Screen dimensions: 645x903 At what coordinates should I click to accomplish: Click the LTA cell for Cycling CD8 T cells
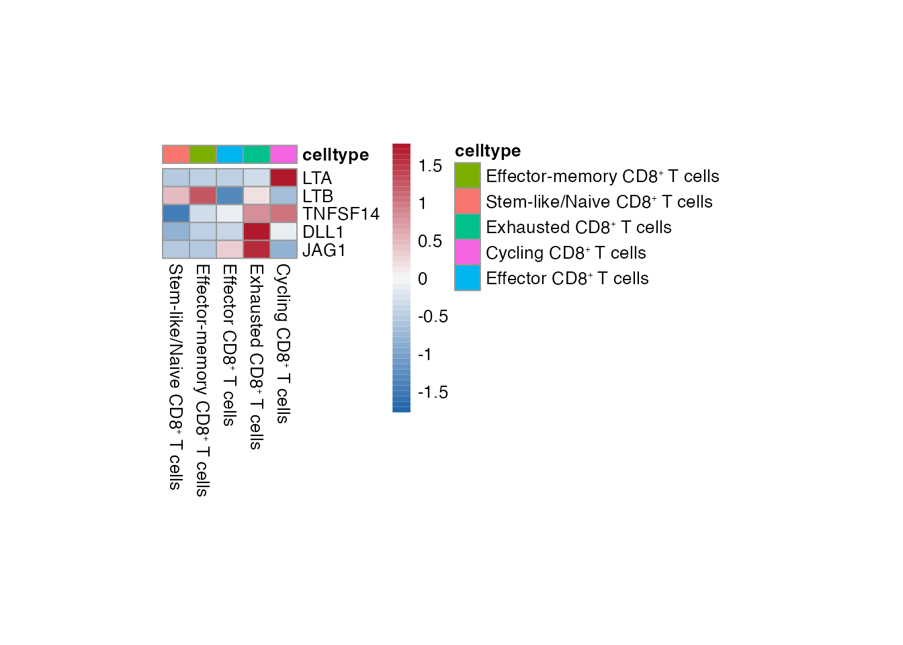(284, 177)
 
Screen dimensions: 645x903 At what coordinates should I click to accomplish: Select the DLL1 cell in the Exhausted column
(257, 231)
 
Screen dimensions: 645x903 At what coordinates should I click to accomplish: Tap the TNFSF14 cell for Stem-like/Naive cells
(176, 214)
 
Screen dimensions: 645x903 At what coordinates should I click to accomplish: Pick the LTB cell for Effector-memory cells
(203, 196)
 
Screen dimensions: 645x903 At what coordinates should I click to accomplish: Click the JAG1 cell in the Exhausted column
(257, 249)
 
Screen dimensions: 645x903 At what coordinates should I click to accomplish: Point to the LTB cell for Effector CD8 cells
(230, 196)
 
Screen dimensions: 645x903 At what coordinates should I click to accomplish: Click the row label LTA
(317, 178)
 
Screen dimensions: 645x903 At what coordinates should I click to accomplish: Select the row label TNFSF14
(341, 214)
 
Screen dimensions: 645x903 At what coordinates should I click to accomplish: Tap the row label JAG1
(324, 250)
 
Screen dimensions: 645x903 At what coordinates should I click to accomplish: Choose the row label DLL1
(323, 232)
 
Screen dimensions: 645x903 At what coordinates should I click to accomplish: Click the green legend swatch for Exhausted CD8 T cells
(468, 227)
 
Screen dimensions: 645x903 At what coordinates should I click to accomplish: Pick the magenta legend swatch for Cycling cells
(468, 253)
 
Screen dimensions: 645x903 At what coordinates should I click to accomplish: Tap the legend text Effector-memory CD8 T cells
(602, 176)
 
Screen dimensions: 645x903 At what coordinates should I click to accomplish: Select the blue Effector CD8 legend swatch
(468, 278)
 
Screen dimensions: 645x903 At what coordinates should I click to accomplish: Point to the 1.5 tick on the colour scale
(430, 166)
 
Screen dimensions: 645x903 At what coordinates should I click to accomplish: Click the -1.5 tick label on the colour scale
(433, 392)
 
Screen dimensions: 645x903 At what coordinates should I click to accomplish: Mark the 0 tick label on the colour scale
(423, 279)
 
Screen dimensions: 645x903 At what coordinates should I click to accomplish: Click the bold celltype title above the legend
(488, 150)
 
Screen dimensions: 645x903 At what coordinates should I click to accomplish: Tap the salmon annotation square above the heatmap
(176, 155)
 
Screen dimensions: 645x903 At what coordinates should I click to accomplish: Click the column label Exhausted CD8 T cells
(256, 356)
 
